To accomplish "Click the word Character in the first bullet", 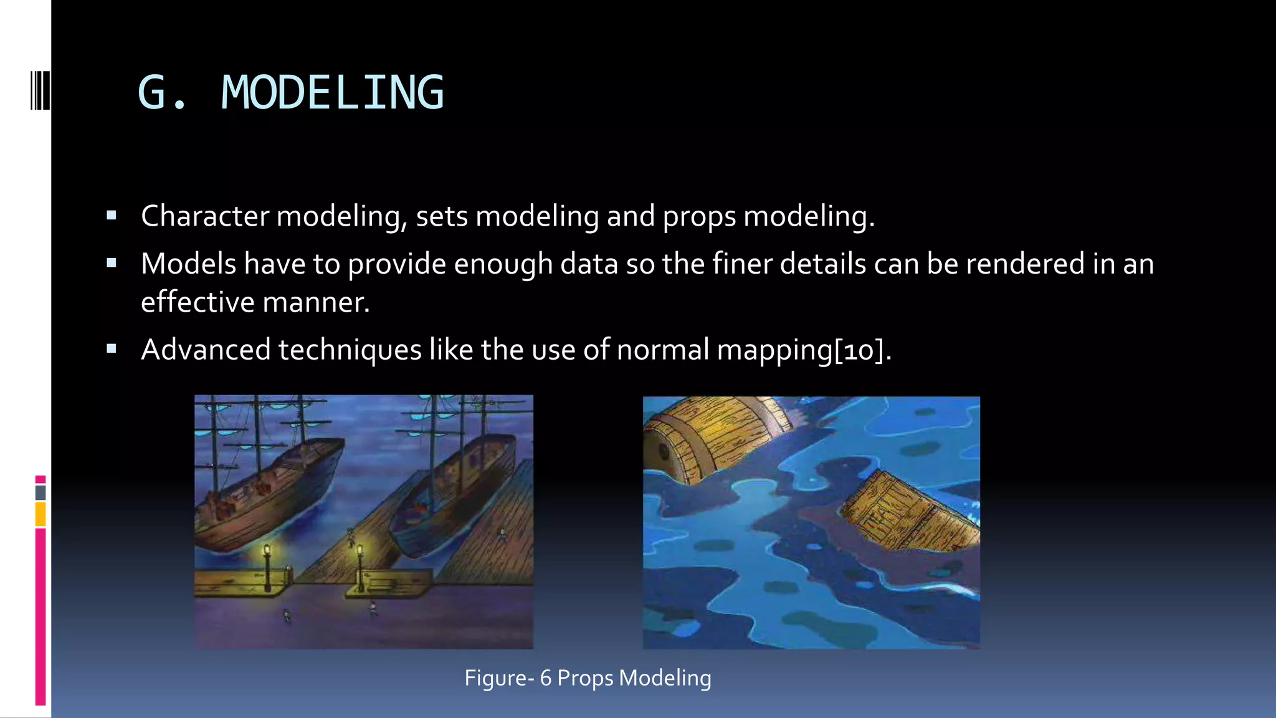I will point(205,216).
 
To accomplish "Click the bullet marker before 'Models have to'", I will point(112,263).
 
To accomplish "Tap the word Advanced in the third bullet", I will point(206,350).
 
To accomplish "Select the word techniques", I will point(350,350).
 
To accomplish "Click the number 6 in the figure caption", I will point(546,678).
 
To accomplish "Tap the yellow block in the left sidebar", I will point(40,514).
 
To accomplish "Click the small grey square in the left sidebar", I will point(40,492).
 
